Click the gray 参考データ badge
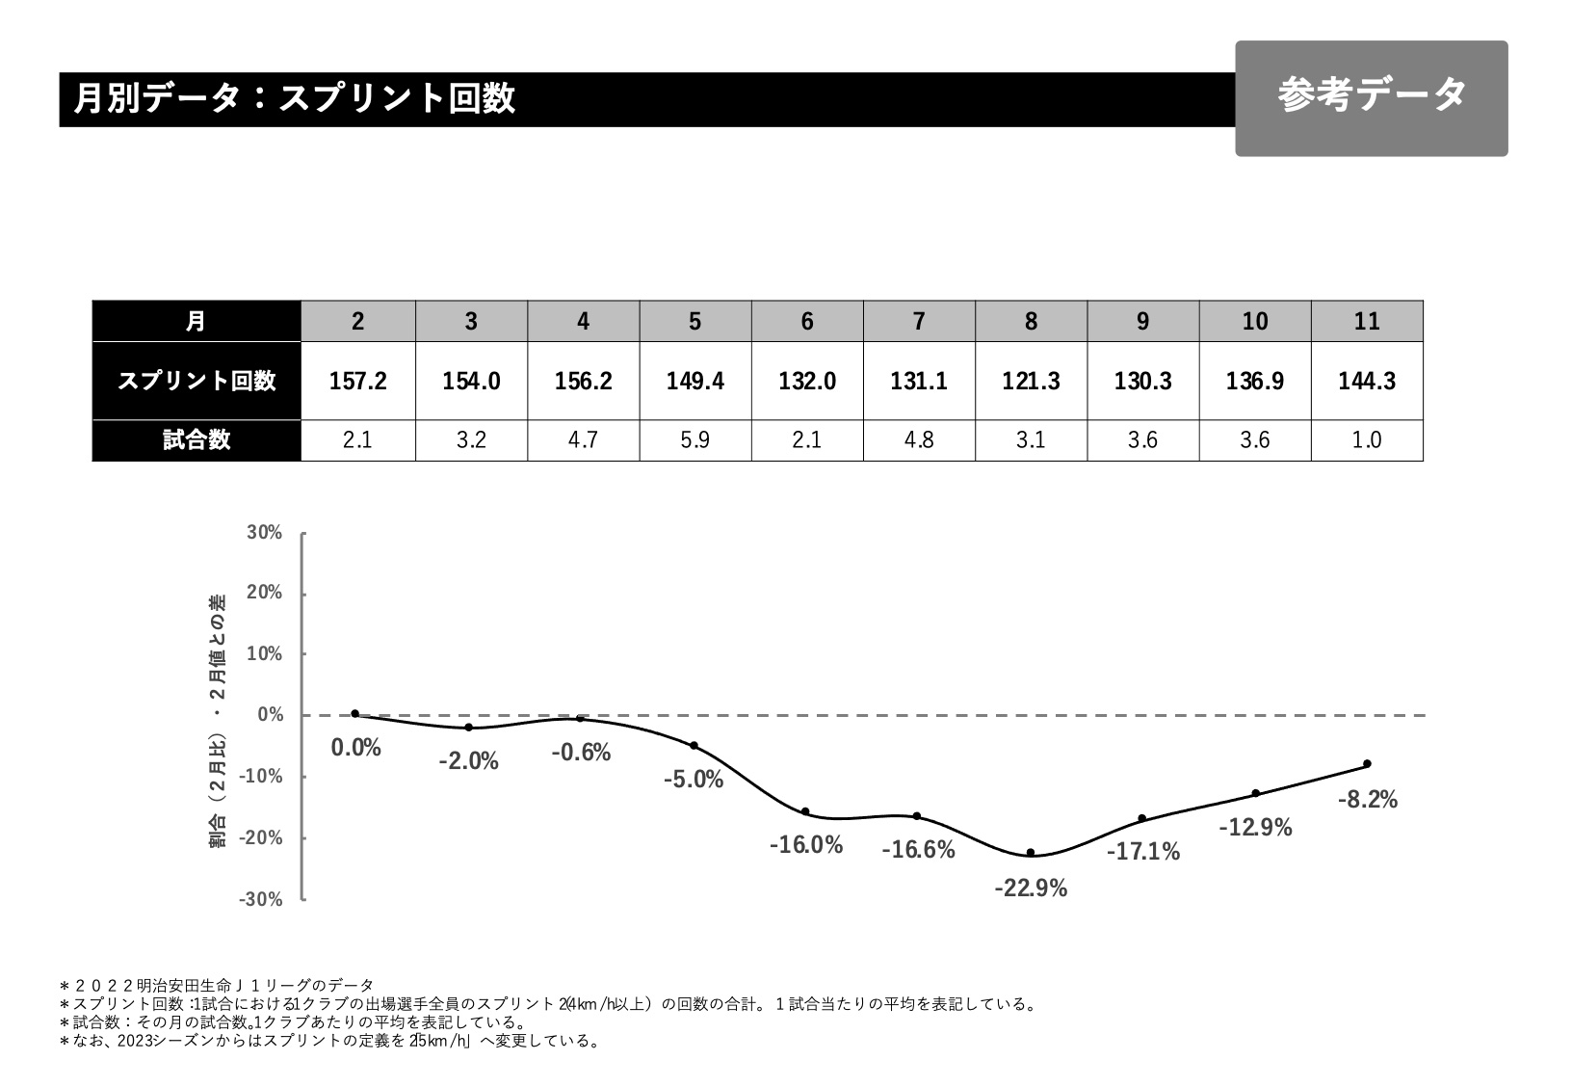(x=1371, y=97)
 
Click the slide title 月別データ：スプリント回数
(x=295, y=98)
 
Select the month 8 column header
(x=1031, y=321)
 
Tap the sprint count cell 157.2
(x=358, y=381)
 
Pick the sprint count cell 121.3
(x=1031, y=381)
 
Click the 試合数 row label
(x=196, y=440)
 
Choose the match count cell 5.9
(x=694, y=440)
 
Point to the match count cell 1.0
(x=1366, y=440)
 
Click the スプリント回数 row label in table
(x=196, y=381)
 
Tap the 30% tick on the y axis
(x=265, y=533)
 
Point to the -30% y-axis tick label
(x=262, y=899)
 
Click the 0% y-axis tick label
(x=271, y=715)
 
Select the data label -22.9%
(x=1031, y=888)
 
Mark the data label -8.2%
(x=1368, y=800)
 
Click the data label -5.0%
(x=694, y=780)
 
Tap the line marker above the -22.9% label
(x=1031, y=853)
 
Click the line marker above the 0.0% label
(x=355, y=714)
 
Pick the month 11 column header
(x=1366, y=321)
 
